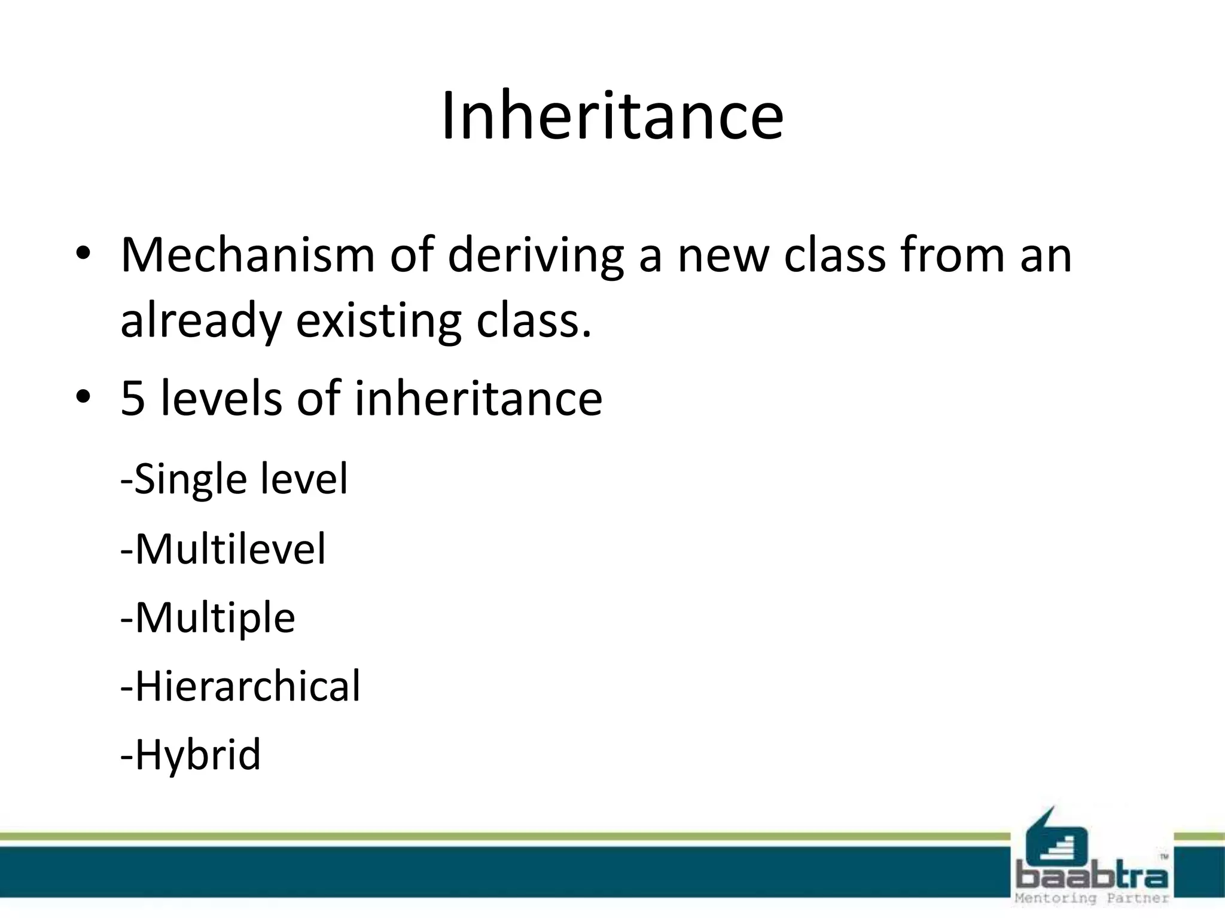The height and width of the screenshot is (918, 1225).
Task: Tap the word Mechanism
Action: pyautogui.click(x=248, y=255)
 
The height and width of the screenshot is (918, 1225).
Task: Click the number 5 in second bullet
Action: pyautogui.click(x=133, y=399)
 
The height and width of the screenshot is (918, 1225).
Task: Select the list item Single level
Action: pyautogui.click(x=234, y=479)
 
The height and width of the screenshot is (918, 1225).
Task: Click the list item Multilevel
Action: pyautogui.click(x=223, y=549)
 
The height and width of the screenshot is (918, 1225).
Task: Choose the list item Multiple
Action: pyautogui.click(x=208, y=617)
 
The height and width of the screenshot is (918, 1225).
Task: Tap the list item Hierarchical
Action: pyautogui.click(x=240, y=686)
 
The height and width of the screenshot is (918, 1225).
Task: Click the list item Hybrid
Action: pyautogui.click(x=191, y=754)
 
